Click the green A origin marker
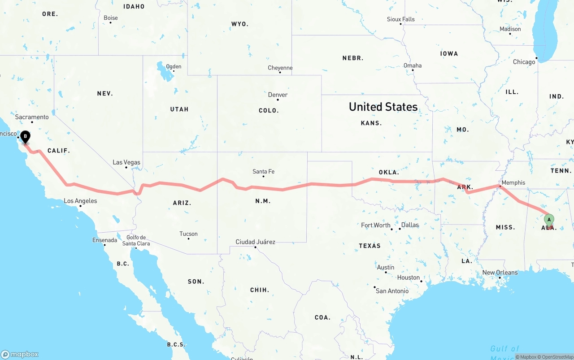point(549,220)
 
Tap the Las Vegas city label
point(126,162)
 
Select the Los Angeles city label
point(80,201)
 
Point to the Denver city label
point(278,95)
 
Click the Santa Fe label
point(263,172)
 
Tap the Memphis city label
point(513,182)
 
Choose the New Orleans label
point(500,273)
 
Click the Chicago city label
point(524,62)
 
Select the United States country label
point(383,107)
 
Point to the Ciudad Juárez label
point(255,242)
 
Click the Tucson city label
point(188,234)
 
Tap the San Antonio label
point(392,291)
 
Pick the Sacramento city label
point(32,117)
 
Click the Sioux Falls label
point(400,19)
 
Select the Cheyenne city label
point(280,68)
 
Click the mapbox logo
point(20,354)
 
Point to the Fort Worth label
point(376,225)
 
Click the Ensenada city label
point(104,240)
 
